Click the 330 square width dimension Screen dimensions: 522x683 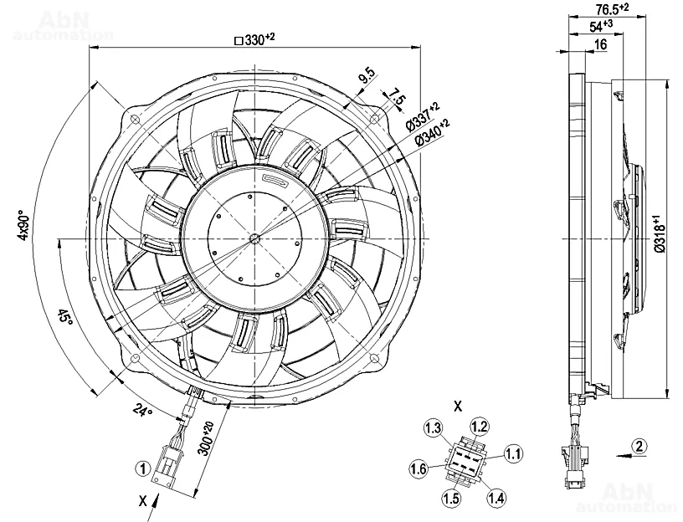point(255,40)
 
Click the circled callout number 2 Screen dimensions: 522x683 point(639,446)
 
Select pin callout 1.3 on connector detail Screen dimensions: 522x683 point(433,428)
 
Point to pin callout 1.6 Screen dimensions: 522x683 point(420,468)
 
